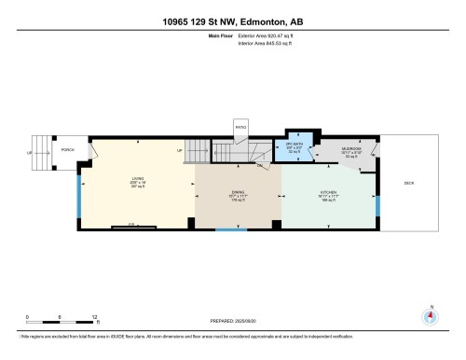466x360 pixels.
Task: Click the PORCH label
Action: (66, 149)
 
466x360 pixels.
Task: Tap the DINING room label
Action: (238, 193)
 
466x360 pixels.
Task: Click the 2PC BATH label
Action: (295, 146)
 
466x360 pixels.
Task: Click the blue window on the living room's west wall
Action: (79, 192)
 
